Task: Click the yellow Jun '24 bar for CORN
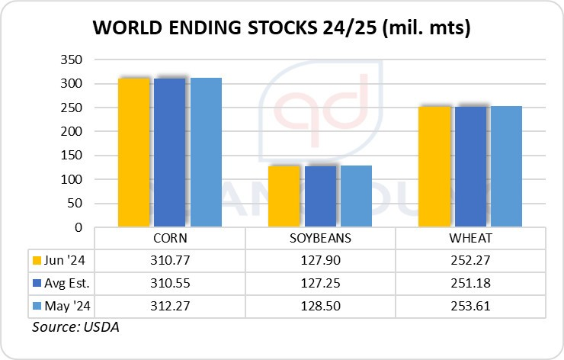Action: pos(133,153)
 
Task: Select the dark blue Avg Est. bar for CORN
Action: pos(170,153)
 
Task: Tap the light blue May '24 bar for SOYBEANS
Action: pos(356,196)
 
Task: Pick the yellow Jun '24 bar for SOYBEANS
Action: pos(284,196)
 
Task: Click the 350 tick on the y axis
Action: pos(72,59)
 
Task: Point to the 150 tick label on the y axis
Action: pos(72,156)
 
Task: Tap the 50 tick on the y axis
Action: pos(75,204)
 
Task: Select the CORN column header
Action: pos(170,238)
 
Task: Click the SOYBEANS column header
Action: pos(320,238)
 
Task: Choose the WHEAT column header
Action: pos(470,238)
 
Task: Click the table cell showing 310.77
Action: pos(170,259)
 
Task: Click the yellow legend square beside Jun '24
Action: pos(36,259)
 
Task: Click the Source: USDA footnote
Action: pos(75,327)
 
